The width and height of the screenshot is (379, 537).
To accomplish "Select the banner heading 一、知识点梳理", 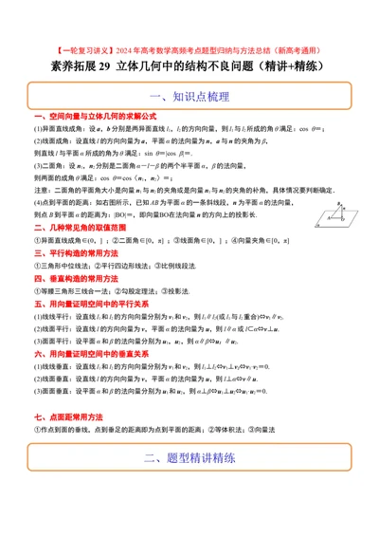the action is coord(189,98).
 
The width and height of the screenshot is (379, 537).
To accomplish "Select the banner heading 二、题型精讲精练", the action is coord(189,483).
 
